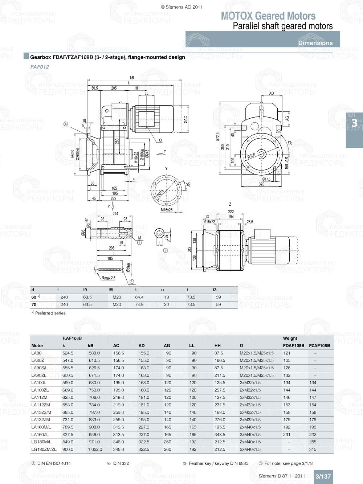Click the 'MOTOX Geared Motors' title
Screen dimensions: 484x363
[268, 16]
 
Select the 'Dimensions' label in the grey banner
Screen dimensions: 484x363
[315, 43]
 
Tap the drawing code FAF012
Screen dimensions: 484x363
[40, 67]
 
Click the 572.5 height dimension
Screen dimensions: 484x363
[218, 136]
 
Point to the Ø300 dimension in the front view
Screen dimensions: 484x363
[251, 156]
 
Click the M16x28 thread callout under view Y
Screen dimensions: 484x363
[167, 210]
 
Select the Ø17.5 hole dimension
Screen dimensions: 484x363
[266, 179]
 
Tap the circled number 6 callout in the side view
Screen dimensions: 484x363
[66, 124]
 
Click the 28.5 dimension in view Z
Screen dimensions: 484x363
[250, 222]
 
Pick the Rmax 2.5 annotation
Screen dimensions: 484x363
[108, 278]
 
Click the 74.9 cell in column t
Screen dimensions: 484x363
[139, 305]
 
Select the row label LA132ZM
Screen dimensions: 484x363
[41, 420]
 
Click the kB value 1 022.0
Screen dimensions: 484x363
[95, 450]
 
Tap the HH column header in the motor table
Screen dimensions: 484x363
[217, 346]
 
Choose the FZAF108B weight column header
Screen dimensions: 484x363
[319, 346]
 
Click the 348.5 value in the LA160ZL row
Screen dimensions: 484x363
[220, 435]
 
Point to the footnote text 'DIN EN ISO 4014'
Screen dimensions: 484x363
[54, 463]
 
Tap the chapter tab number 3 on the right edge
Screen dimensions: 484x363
[354, 123]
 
